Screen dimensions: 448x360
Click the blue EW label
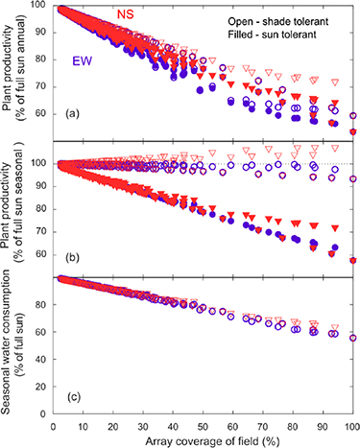click(x=86, y=60)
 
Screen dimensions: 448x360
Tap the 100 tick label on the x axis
click(x=351, y=422)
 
